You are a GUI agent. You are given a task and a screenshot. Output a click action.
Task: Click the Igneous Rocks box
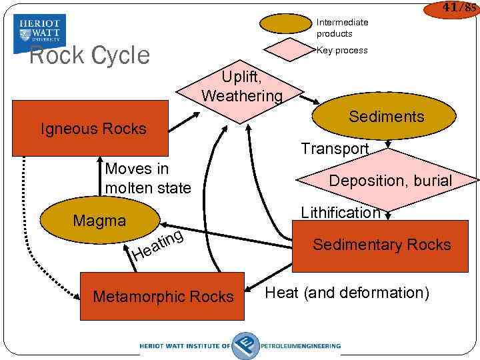(x=93, y=129)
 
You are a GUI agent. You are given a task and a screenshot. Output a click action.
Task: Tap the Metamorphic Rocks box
(x=163, y=297)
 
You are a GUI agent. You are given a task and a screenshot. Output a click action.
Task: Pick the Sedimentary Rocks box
(x=381, y=245)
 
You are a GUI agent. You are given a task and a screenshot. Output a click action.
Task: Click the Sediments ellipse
(x=386, y=117)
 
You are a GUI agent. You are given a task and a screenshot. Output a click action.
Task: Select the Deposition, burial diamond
(x=390, y=181)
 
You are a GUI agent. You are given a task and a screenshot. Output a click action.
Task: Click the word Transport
(x=335, y=149)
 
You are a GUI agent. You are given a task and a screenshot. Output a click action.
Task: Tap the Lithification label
(x=340, y=213)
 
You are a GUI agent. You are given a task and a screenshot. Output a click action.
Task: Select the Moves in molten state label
(x=147, y=179)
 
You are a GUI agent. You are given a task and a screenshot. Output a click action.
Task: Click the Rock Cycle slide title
(x=89, y=55)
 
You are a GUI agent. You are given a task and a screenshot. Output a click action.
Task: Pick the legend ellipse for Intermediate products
(x=286, y=24)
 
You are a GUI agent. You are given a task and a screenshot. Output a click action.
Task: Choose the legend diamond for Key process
(x=286, y=50)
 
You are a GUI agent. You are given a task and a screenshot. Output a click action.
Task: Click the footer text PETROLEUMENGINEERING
(x=301, y=346)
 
